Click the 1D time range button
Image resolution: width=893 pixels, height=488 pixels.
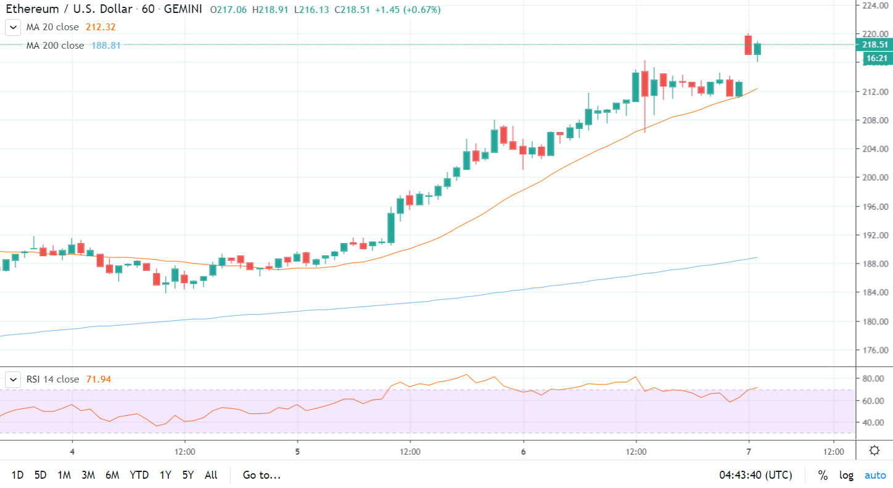click(18, 475)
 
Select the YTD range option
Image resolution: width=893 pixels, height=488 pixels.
click(139, 475)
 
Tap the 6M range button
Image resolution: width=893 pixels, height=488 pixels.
click(112, 475)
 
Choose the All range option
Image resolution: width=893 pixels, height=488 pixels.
click(211, 475)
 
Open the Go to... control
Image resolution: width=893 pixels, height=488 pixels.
click(261, 475)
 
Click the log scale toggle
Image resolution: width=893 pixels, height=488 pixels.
click(846, 475)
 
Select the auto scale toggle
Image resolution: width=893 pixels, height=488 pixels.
click(874, 475)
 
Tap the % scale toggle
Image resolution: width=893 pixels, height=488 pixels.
click(823, 475)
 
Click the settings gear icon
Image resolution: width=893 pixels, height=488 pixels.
click(874, 450)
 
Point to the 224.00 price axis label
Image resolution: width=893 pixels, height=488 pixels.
click(875, 5)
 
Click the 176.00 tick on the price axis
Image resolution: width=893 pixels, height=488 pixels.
click(875, 350)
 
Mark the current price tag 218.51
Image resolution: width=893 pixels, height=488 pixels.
click(875, 44)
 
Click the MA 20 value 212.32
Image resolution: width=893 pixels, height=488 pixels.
click(102, 27)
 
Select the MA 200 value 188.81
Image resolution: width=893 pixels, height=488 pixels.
click(106, 46)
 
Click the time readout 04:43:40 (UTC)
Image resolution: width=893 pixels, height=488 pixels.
click(755, 475)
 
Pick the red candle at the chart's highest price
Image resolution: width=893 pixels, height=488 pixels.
click(748, 45)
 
